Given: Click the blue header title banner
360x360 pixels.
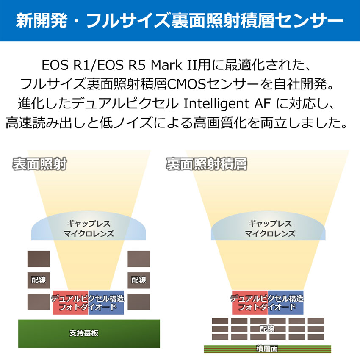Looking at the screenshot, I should (x=180, y=20).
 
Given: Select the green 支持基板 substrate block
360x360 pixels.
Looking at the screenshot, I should (x=89, y=333).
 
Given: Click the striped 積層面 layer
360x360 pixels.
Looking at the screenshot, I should (x=267, y=349).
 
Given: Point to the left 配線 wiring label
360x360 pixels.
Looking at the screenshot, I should (x=39, y=280).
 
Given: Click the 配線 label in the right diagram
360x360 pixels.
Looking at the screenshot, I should (x=267, y=328).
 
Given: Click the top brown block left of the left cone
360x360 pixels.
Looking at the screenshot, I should (x=39, y=258).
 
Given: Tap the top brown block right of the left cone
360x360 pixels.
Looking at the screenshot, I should (x=139, y=258).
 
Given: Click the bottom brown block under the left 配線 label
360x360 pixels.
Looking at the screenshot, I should (x=39, y=301).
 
